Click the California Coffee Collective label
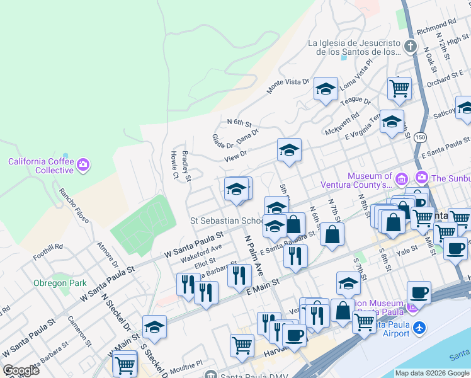pos(41,166)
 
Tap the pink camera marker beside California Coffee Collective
pos(84,166)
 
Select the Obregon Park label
pos(60,283)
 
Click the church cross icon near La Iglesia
pos(410,46)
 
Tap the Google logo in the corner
pos(21,370)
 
